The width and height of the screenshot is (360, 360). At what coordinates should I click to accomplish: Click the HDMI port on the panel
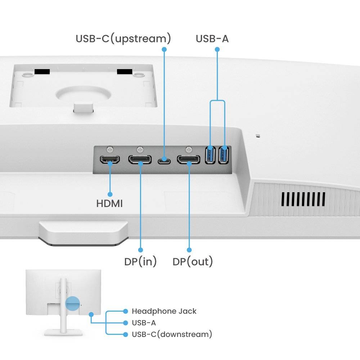110,160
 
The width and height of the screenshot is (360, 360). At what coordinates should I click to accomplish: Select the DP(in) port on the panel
140,159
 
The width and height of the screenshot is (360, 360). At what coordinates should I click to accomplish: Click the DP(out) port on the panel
189,159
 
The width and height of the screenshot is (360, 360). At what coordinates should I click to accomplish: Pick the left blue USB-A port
210,155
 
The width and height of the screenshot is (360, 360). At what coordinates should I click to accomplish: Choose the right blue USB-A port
224,155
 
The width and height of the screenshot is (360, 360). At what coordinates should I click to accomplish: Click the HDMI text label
109,204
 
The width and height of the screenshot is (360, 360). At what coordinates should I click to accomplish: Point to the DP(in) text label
140,262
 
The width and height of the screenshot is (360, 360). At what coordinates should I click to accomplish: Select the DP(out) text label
193,262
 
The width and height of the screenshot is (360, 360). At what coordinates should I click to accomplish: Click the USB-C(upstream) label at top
123,39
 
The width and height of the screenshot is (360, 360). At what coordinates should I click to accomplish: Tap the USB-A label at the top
212,39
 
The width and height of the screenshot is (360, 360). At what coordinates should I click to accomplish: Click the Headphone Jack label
164,311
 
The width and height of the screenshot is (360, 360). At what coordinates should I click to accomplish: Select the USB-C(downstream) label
172,334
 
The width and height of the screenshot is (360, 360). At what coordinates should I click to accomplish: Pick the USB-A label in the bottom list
144,323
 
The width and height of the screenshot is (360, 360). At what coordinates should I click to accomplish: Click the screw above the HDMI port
110,148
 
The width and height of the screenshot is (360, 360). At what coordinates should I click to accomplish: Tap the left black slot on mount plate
42,72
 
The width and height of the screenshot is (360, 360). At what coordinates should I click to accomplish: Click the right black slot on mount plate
125,72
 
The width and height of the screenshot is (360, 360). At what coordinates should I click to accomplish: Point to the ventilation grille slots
303,199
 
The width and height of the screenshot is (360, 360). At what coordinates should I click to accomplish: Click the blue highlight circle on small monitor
72,303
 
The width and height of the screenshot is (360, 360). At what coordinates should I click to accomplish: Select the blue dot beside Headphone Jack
125,311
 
